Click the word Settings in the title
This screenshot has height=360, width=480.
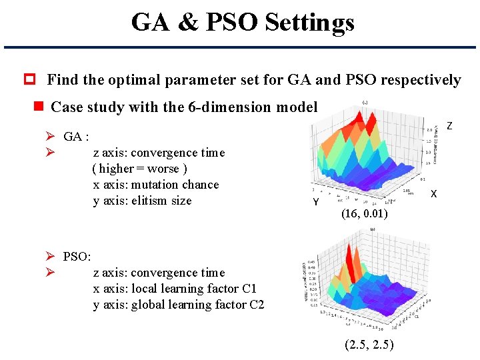(x=309, y=23)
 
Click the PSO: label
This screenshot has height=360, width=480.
(x=77, y=257)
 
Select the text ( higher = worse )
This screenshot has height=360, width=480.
(x=139, y=169)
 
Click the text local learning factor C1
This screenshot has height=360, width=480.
(x=193, y=289)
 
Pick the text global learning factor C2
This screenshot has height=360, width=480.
(x=197, y=305)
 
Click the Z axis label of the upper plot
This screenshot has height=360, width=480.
(x=449, y=126)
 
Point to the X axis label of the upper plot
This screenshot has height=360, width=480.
(x=433, y=194)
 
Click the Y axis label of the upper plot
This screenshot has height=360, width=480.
(x=316, y=201)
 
